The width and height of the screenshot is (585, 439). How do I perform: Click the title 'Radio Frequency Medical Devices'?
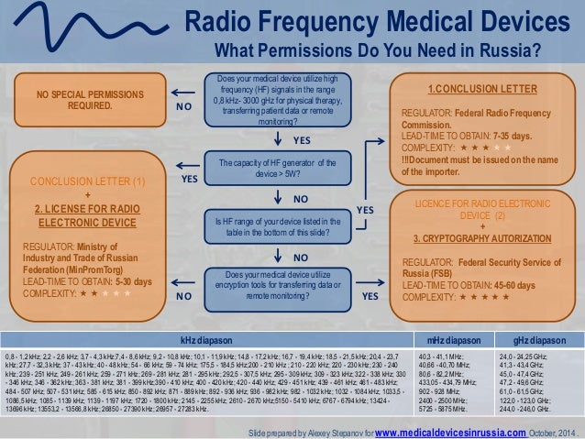tap(375, 20)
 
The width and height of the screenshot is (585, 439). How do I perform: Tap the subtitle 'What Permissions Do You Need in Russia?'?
tap(377, 48)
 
